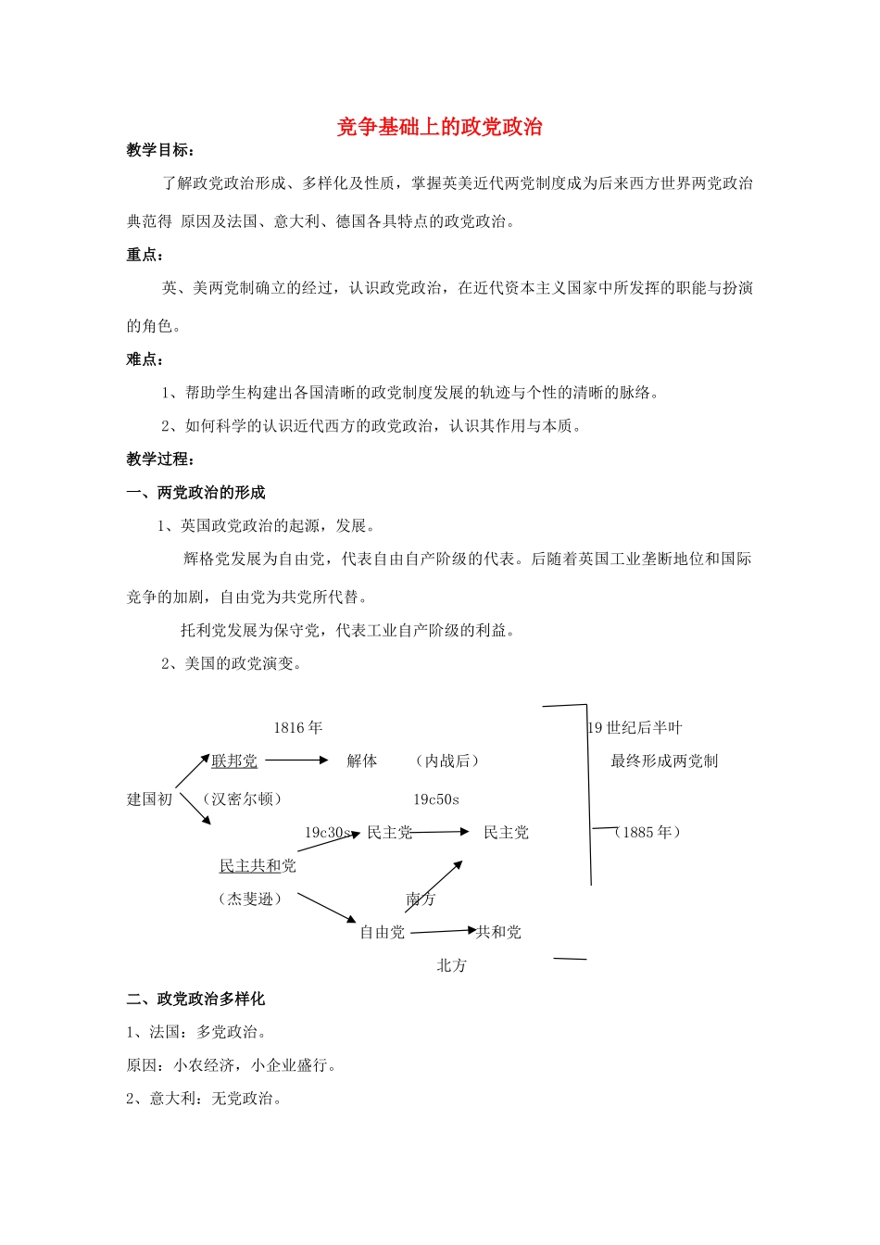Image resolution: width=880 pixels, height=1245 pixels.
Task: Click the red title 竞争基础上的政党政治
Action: [439, 128]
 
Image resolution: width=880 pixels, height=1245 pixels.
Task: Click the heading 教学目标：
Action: [160, 150]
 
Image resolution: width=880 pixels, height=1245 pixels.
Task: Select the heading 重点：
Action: [145, 255]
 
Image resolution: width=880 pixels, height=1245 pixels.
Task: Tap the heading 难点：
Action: [145, 359]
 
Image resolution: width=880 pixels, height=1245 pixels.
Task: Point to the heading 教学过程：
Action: [160, 459]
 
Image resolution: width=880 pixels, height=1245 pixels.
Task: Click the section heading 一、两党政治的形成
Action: [195, 493]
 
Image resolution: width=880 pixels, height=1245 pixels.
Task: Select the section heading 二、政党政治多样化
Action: [195, 999]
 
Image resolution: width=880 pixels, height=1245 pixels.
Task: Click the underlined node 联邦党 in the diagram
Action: [234, 761]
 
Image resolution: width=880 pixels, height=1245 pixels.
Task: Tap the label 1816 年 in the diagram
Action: [298, 728]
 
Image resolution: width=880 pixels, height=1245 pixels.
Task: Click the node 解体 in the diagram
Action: [362, 761]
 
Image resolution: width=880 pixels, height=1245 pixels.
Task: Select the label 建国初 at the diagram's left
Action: [150, 799]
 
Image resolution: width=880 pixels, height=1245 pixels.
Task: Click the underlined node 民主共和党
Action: [258, 866]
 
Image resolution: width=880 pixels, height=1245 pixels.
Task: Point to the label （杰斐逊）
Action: [250, 899]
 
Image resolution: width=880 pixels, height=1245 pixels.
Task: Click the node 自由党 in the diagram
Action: [383, 932]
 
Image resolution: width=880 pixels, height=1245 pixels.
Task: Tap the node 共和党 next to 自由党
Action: [499, 932]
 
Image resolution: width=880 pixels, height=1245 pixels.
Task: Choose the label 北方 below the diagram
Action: [452, 965]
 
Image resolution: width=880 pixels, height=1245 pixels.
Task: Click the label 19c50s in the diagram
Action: [436, 799]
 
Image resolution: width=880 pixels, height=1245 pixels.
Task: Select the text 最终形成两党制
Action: [664, 761]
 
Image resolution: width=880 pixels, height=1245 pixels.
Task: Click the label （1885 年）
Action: [647, 832]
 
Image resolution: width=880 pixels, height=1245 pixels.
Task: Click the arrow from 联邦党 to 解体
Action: [296, 761]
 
